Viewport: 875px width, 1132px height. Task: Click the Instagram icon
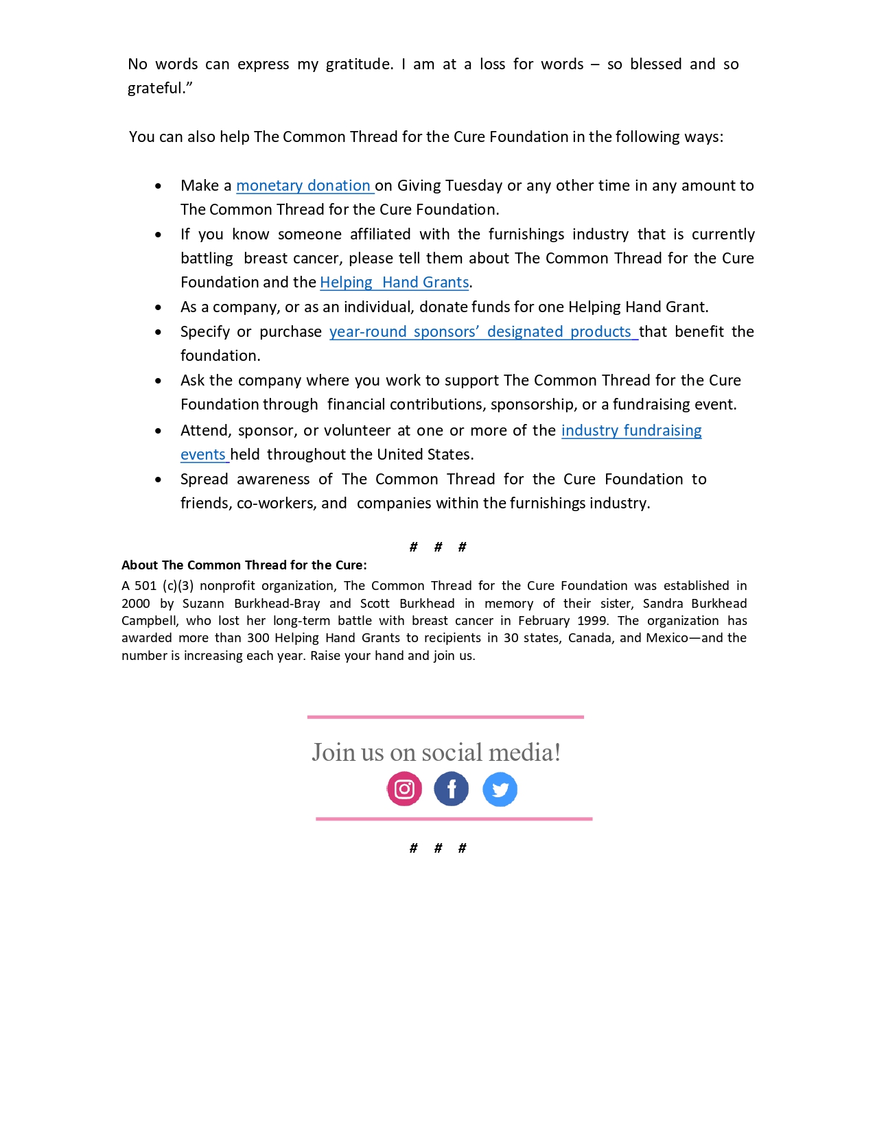404,789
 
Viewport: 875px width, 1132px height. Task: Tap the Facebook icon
452,789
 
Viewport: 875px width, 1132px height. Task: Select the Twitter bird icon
500,790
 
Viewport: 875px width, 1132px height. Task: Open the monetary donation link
303,186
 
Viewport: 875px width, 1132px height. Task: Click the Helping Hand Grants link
395,283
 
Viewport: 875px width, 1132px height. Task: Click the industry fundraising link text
631,431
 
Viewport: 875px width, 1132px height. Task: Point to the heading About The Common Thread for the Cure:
244,565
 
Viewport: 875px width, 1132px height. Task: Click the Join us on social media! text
436,753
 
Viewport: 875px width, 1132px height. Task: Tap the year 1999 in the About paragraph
592,621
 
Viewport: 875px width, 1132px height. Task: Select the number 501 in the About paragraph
145,586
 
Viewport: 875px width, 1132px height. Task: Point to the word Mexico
666,638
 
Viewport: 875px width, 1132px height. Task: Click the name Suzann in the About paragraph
203,604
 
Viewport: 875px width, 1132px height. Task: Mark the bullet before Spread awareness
159,480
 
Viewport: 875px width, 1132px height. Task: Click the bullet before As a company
159,308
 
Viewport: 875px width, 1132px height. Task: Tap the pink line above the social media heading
445,717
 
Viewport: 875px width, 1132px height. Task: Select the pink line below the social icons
454,818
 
